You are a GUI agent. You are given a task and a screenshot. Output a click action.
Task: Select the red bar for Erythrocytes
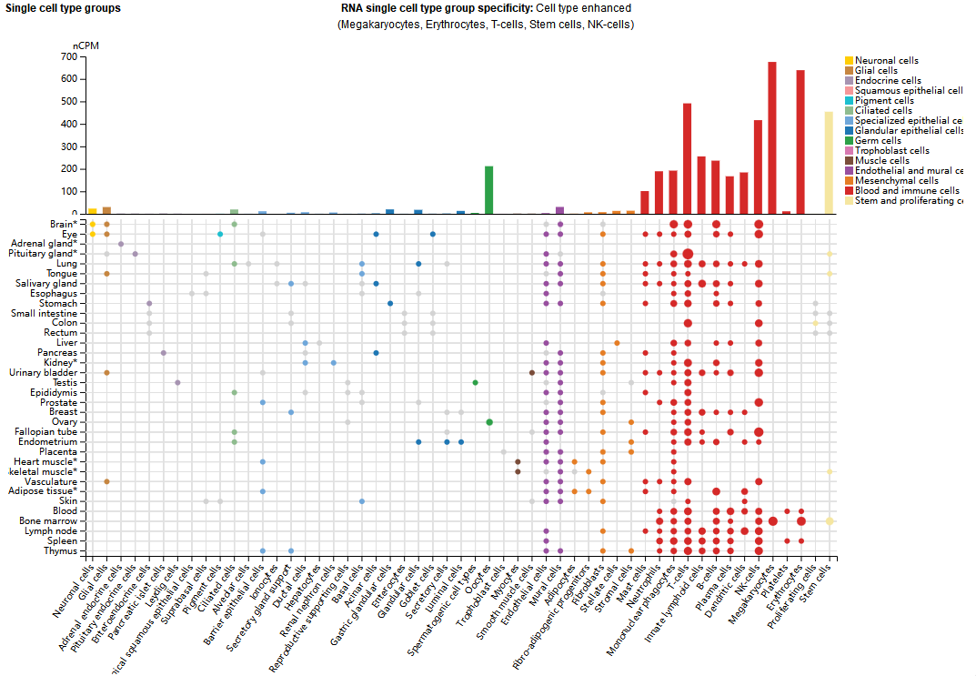[x=800, y=142]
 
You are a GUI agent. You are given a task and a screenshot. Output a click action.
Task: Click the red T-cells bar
[x=688, y=159]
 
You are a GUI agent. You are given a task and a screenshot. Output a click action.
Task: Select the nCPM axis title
[x=84, y=45]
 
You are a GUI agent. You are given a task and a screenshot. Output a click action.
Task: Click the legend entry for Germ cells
[x=877, y=141]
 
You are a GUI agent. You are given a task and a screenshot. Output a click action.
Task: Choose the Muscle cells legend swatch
[x=850, y=161]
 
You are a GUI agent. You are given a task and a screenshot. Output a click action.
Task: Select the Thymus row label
[x=59, y=550]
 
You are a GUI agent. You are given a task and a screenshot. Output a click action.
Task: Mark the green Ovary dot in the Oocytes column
[x=489, y=422]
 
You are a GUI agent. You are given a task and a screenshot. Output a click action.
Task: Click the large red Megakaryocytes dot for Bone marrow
[x=772, y=520]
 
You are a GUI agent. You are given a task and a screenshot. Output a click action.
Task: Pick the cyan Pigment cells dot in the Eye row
[x=220, y=234]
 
